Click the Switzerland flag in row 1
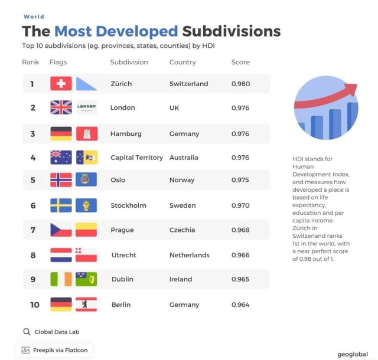coord(61,84)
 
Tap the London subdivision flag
coord(86,107)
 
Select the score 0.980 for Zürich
coord(240,84)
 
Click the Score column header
coord(240,62)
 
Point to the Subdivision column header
coord(129,62)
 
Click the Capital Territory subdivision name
coord(136,158)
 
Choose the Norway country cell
coord(182,180)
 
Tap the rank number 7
coord(33,230)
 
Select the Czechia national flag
coord(61,230)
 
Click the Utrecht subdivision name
coord(124,255)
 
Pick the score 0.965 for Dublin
coord(240,279)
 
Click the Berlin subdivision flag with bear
coord(86,305)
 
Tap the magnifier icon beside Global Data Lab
coord(27,332)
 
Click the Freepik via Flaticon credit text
coord(60,350)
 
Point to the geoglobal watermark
coord(353,354)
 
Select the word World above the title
coord(34,17)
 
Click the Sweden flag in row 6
coord(61,205)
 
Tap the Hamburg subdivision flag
coord(86,134)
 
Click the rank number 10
coord(35,305)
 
